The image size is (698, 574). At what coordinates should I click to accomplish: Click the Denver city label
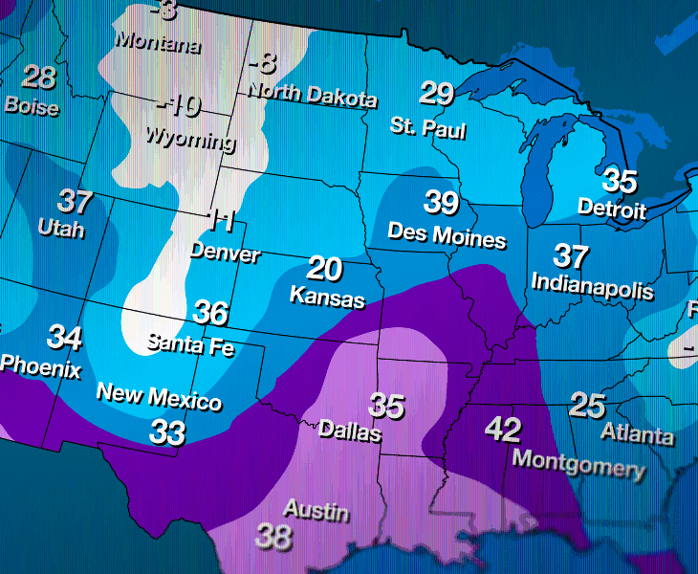click(225, 254)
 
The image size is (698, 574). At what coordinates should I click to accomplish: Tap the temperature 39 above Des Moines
click(441, 203)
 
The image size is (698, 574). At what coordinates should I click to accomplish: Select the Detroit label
click(612, 209)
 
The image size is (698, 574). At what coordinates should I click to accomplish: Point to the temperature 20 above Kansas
click(325, 269)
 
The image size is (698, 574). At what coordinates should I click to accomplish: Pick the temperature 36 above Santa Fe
click(211, 313)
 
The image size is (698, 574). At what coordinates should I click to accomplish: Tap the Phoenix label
click(41, 366)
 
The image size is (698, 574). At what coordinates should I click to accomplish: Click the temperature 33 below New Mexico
click(167, 432)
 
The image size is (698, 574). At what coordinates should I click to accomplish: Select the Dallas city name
click(349, 432)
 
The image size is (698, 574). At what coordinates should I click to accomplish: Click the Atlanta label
click(637, 435)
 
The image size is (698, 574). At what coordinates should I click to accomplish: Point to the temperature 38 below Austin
click(273, 537)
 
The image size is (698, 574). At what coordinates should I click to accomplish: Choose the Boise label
click(32, 106)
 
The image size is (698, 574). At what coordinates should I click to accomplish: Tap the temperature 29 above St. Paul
click(436, 94)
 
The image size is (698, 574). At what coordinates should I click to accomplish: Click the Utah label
click(61, 230)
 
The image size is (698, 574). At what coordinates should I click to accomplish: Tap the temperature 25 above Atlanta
click(587, 406)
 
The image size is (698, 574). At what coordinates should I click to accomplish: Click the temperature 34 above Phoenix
click(65, 338)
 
